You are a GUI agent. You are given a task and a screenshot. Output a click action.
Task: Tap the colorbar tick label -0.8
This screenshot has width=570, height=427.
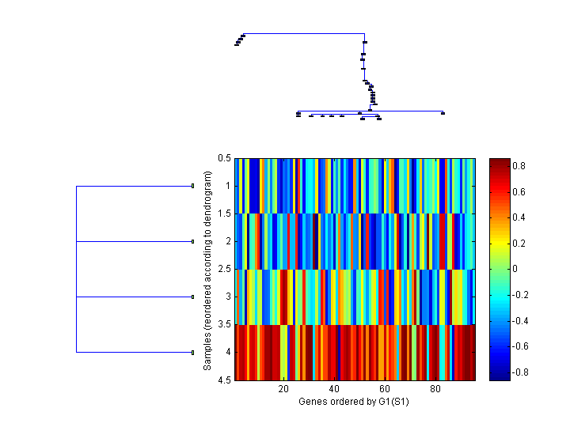pos(522,372)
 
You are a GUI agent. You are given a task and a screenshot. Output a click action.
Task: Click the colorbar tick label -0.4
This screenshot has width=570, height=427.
pos(522,320)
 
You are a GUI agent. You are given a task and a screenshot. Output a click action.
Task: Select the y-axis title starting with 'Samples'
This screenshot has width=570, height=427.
pos(207,269)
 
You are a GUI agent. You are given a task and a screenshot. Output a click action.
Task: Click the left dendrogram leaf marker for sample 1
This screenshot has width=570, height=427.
pos(192,186)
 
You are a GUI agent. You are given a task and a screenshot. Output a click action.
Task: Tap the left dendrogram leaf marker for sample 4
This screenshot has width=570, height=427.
pos(192,352)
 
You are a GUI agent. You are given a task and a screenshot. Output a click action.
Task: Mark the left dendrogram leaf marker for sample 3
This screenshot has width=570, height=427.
pos(192,297)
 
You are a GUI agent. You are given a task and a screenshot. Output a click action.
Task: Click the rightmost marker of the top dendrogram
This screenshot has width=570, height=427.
pos(443,113)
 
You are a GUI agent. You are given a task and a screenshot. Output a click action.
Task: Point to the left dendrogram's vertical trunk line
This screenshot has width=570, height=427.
pos(76,269)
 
